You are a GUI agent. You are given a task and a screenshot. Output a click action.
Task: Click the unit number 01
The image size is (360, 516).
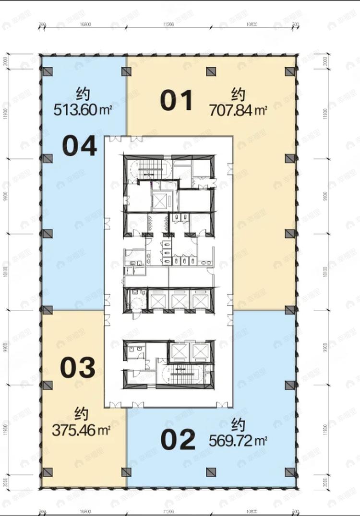point(177,101)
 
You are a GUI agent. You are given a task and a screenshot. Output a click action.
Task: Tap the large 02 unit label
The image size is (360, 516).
point(178,440)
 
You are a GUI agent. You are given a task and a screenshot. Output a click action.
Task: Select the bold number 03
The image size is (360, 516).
point(78,367)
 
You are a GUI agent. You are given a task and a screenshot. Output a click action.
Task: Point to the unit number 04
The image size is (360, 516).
point(80,146)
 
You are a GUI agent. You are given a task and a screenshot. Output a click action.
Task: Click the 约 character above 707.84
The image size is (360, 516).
point(238,93)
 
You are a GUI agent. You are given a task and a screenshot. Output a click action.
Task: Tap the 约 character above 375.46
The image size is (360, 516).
point(82,412)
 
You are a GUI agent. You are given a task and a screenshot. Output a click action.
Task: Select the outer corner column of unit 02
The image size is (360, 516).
point(289,472)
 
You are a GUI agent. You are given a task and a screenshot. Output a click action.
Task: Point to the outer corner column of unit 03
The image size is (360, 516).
point(47,472)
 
